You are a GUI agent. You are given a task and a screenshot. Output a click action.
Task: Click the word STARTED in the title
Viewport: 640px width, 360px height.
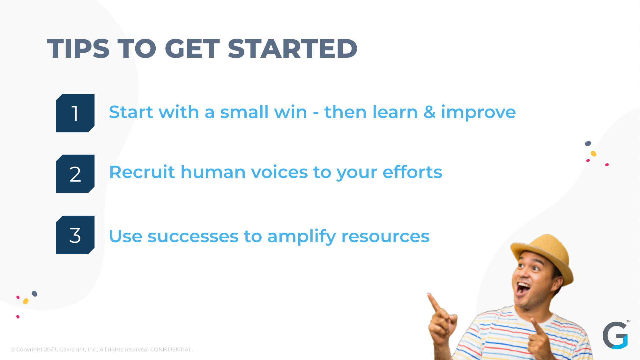coord(293,49)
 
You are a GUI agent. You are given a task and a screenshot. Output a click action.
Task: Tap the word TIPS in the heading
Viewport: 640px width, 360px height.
coord(78,49)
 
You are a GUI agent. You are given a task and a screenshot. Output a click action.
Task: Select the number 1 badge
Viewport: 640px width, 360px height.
coord(75,113)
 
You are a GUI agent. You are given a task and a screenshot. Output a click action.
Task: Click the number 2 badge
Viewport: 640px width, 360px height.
coord(75,174)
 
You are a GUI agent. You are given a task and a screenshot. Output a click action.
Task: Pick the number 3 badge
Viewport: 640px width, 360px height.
coord(75,235)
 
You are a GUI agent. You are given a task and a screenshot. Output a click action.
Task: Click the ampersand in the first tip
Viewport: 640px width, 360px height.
coord(429,112)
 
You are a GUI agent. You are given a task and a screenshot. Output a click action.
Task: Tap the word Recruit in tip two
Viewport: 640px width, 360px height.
coord(142,172)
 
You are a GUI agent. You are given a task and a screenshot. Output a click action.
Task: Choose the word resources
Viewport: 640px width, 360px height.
coord(385,237)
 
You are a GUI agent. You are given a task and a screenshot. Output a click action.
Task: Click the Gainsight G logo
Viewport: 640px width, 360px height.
coord(615,335)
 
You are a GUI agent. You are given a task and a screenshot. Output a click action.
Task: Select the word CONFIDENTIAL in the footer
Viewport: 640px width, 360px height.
coord(171,349)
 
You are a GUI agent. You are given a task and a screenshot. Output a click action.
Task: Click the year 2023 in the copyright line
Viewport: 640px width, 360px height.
coord(51,349)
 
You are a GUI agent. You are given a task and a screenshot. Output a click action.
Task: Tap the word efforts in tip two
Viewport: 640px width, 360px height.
coord(412,172)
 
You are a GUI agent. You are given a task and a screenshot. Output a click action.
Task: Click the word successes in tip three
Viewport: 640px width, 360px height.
coord(193,237)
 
